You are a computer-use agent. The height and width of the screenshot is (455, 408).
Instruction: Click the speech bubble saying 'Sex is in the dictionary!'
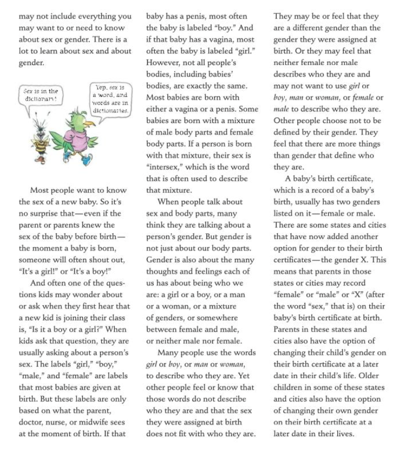click(x=40, y=94)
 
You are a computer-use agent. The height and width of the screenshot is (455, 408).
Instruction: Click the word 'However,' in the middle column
click(x=163, y=63)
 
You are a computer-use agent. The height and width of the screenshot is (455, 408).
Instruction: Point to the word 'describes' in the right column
click(x=292, y=74)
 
